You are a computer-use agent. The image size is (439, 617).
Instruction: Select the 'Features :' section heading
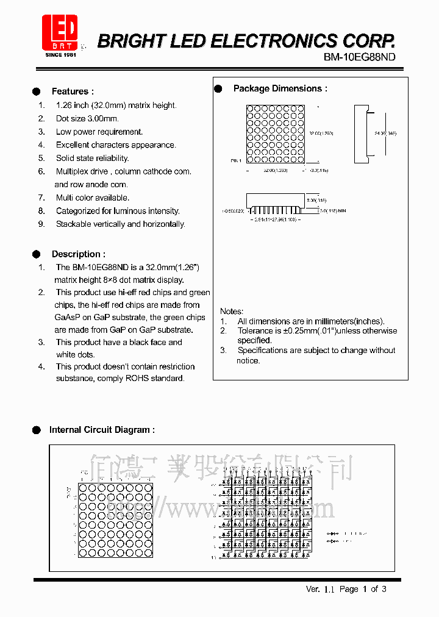[x=73, y=91]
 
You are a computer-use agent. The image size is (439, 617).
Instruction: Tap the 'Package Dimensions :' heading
[x=280, y=88]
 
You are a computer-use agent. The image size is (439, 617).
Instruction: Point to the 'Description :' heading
[x=78, y=254]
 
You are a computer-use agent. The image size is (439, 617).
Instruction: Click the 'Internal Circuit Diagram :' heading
[x=102, y=430]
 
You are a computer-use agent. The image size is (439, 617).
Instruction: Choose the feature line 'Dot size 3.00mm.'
[x=87, y=118]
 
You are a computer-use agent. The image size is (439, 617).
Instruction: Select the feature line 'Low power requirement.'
[x=99, y=132]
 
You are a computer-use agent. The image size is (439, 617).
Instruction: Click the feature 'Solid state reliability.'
[x=93, y=158]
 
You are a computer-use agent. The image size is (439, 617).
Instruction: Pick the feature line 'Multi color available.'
[x=93, y=198]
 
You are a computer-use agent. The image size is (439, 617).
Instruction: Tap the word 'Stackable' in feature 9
[x=74, y=224]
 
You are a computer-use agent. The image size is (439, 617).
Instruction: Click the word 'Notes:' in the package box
[x=231, y=311]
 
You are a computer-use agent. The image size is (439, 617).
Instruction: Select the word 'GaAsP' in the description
[x=66, y=317]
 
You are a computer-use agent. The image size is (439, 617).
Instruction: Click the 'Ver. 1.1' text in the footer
[x=320, y=589]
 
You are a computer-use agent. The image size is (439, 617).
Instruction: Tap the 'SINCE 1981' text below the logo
[x=60, y=55]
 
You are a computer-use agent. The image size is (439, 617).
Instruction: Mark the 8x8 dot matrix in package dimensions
[x=275, y=134]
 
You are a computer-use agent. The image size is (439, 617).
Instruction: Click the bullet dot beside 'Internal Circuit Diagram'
[x=37, y=430]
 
